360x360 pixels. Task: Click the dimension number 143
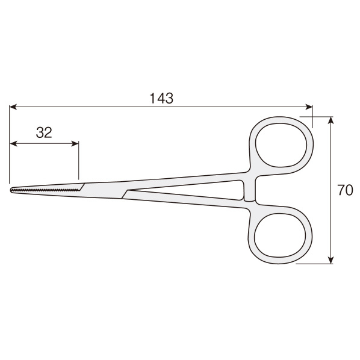tap(161, 98)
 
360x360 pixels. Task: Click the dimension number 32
tap(44, 132)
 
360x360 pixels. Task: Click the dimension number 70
tap(345, 190)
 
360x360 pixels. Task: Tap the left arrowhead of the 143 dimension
tap(13, 107)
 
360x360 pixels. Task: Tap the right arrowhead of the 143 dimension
tap(309, 107)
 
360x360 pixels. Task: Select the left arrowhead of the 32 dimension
tap(14, 144)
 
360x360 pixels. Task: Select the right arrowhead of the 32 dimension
tap(75, 144)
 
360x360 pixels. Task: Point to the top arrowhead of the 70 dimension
tap(331, 120)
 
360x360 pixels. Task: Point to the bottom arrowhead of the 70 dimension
tap(331, 260)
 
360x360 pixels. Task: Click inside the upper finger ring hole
tap(281, 145)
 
